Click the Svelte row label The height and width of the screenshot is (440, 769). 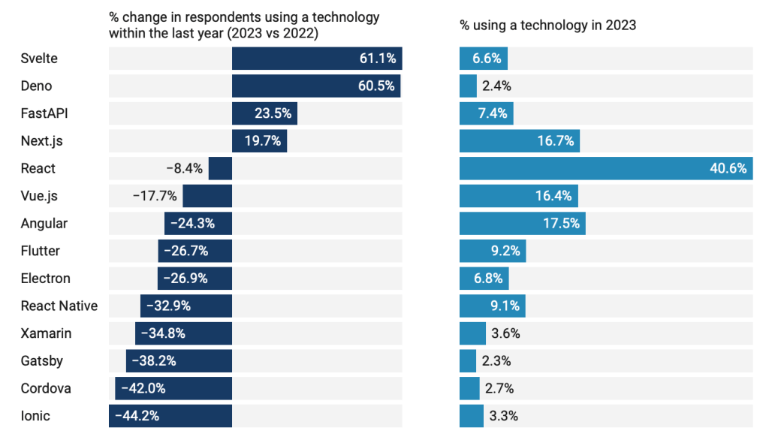click(x=39, y=59)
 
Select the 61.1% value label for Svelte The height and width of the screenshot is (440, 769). click(x=377, y=59)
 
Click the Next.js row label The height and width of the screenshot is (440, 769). click(x=42, y=141)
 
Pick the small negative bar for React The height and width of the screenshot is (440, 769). click(x=220, y=168)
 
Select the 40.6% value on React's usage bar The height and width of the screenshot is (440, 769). click(x=728, y=168)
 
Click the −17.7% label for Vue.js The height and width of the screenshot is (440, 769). click(x=155, y=196)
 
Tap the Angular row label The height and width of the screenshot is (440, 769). click(x=44, y=223)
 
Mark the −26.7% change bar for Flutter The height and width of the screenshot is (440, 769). click(x=195, y=251)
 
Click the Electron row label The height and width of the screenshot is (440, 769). click(x=46, y=278)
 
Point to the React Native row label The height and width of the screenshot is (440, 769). click(x=59, y=306)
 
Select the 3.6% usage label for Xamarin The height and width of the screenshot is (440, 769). click(x=505, y=333)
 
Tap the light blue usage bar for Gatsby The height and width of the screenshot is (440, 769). click(x=468, y=360)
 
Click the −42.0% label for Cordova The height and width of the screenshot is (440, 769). click(x=143, y=388)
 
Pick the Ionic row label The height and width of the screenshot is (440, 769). click(x=35, y=415)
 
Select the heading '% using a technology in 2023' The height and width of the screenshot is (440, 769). click(x=548, y=25)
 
